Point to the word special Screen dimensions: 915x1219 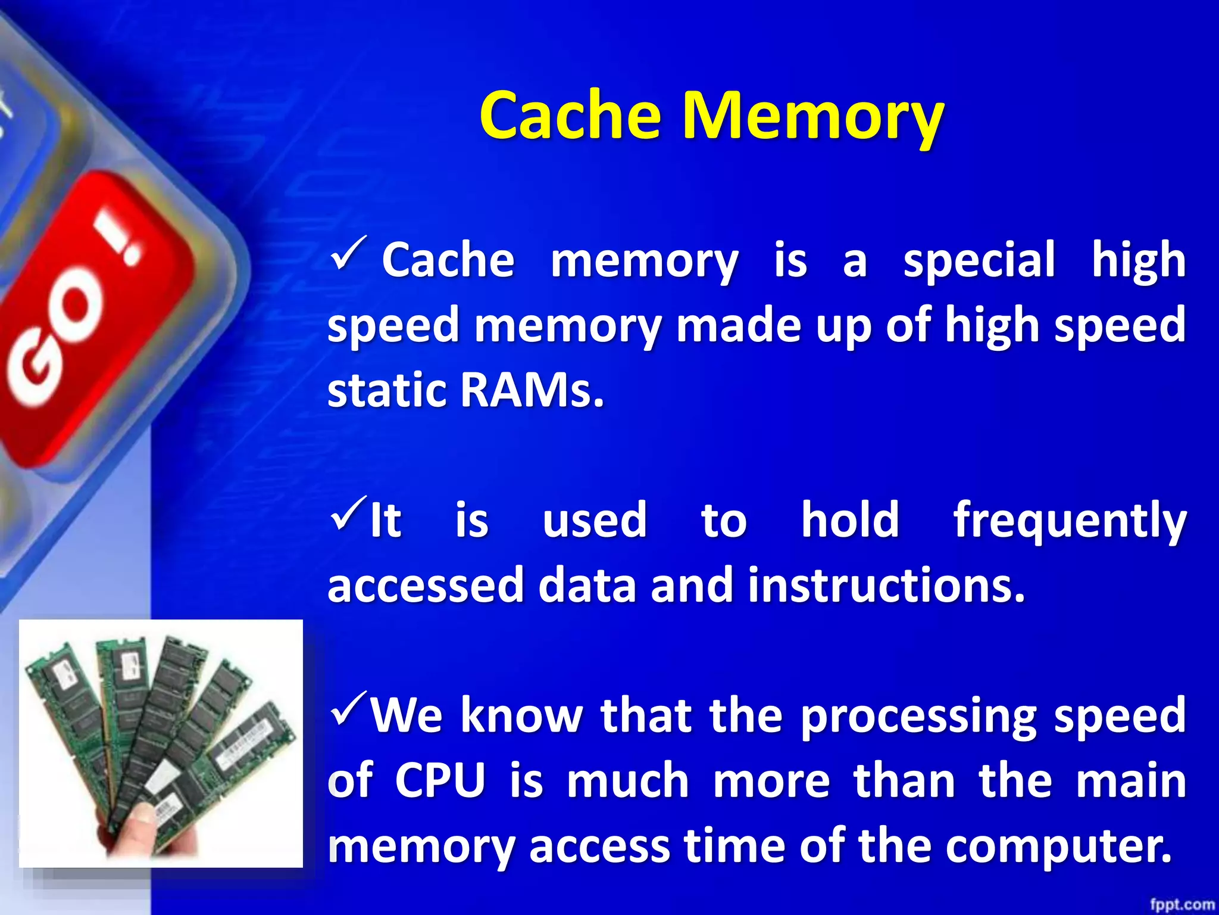979,261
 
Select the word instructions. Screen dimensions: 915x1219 886,585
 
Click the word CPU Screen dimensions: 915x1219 440,780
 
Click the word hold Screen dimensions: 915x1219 850,519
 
